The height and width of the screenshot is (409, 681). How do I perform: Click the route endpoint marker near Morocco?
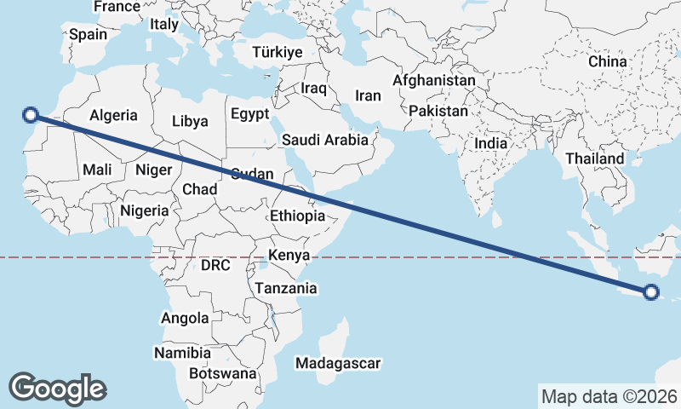point(31,114)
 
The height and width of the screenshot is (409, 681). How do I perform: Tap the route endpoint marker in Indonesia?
point(651,292)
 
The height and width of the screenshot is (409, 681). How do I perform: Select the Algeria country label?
point(113,115)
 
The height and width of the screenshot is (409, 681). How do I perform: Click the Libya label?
point(189,121)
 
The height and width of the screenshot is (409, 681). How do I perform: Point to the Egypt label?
point(249,114)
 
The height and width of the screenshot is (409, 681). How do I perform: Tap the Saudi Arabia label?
point(325,140)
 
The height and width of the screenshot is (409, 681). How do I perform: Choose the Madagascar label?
point(338,364)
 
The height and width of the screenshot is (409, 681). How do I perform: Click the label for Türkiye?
point(278,53)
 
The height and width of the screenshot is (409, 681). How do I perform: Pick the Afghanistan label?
point(434,80)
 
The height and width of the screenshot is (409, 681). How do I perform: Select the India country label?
point(490,144)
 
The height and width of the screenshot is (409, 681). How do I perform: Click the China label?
point(607,61)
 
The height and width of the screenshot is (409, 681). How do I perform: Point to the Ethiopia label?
point(297,216)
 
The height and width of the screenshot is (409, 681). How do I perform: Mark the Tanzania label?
point(286,289)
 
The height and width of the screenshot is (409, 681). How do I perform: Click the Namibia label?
point(182,353)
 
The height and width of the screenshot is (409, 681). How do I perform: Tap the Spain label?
point(88,35)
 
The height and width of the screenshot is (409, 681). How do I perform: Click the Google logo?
point(57,389)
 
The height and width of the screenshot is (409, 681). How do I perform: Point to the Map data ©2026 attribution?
point(609,396)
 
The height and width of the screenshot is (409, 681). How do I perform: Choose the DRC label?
point(215,265)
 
